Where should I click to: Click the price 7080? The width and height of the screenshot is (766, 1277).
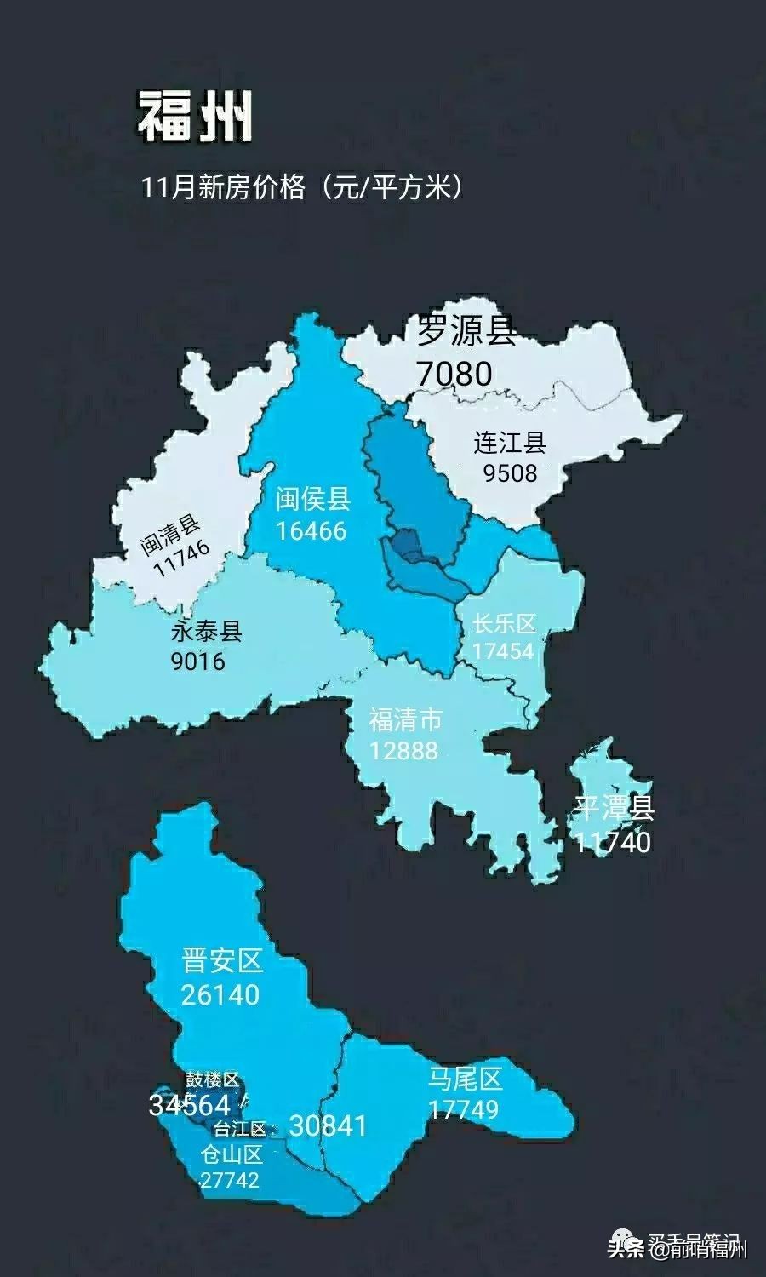point(454,373)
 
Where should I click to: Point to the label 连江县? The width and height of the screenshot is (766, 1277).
point(510,443)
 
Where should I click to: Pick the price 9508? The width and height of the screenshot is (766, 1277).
point(511,472)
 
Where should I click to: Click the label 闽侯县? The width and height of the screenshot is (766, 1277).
point(312,499)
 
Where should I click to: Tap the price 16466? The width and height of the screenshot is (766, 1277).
point(312,530)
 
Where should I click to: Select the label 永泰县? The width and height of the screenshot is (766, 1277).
point(207,631)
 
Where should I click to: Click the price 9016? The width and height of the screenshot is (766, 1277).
point(198,661)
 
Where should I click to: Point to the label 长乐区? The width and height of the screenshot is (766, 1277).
point(505,624)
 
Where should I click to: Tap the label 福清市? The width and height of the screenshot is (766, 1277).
point(405,720)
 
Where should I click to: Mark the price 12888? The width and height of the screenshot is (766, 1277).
point(404,750)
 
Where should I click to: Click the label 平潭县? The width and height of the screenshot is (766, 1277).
point(614,808)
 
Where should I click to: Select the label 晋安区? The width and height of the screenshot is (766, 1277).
point(222,962)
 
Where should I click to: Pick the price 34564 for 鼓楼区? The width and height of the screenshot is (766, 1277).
point(189,1105)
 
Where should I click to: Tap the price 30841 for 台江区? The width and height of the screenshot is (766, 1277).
point(328,1125)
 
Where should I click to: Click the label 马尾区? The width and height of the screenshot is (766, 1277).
point(465,1079)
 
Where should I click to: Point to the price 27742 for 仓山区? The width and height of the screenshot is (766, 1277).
point(230,1180)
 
